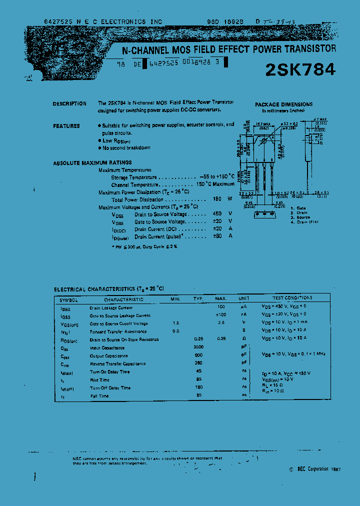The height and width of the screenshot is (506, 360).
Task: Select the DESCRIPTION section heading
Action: click(x=69, y=103)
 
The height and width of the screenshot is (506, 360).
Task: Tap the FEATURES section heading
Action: click(x=66, y=126)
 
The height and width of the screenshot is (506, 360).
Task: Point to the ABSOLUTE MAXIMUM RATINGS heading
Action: click(x=92, y=162)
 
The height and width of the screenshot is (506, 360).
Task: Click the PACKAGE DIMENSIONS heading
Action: click(x=284, y=104)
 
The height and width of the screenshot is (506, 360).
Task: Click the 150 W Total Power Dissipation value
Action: click(x=217, y=199)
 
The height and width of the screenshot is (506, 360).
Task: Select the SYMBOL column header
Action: click(x=68, y=299)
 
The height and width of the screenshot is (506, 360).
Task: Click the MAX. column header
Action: click(x=221, y=298)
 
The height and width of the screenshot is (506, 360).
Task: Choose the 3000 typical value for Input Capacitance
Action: click(x=198, y=347)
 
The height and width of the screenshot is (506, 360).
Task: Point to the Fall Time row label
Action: click(x=99, y=396)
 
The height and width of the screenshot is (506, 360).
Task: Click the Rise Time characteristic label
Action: click(x=100, y=380)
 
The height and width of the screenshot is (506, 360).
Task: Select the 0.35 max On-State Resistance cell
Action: click(x=221, y=339)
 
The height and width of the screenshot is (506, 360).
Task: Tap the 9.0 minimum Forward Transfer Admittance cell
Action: click(x=175, y=331)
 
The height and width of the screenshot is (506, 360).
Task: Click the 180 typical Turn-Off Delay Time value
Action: click(x=198, y=387)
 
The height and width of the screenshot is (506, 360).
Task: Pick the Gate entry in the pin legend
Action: click(x=300, y=207)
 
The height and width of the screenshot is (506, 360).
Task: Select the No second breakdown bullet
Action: click(x=126, y=148)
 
